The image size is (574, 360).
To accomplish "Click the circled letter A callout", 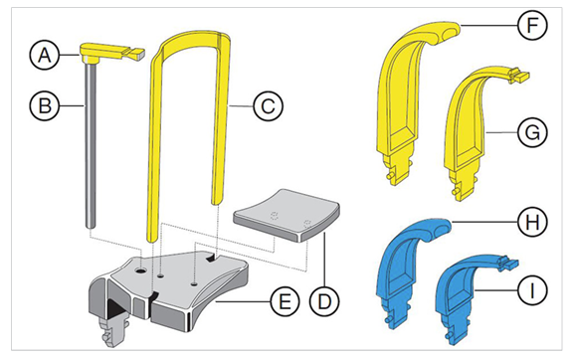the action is pos(45,56).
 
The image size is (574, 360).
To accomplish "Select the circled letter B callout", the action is pos(45,106).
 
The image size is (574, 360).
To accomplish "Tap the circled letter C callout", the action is pos(269,106).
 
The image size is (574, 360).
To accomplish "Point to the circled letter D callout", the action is pos(324,302).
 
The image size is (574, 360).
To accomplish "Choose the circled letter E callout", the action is pos(285,302).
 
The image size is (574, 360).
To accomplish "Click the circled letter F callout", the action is pos(532,25).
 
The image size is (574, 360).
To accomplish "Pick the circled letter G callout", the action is pos(532,132).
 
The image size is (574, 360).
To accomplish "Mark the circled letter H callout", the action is pos(532,222).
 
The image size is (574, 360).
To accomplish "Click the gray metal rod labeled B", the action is pos(91,144).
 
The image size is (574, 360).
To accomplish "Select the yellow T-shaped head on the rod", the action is pos(112,52).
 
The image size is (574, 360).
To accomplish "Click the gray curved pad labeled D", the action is pos(287,216).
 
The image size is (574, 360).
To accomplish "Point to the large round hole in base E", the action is pos(140,271).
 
